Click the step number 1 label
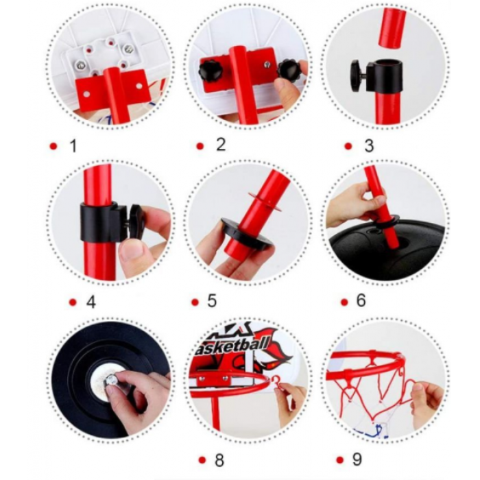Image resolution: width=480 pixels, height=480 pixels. click(73, 146)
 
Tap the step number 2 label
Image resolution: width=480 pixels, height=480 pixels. click(221, 145)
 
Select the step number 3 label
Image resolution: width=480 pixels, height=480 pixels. click(369, 145)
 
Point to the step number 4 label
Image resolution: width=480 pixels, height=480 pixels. click(91, 302)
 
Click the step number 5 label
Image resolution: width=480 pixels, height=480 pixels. click(212, 300)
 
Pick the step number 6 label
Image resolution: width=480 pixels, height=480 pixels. click(361, 300)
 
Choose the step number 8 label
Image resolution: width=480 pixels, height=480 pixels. click(219, 460)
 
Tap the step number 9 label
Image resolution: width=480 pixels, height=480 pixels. click(357, 459)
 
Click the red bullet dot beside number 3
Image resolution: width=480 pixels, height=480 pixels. click(348, 146)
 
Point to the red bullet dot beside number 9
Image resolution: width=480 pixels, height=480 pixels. click(340, 460)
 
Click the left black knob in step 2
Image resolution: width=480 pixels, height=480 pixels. click(209, 70)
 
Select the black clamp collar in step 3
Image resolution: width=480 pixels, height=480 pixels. click(376, 75)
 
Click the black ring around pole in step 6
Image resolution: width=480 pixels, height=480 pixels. click(387, 220)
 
